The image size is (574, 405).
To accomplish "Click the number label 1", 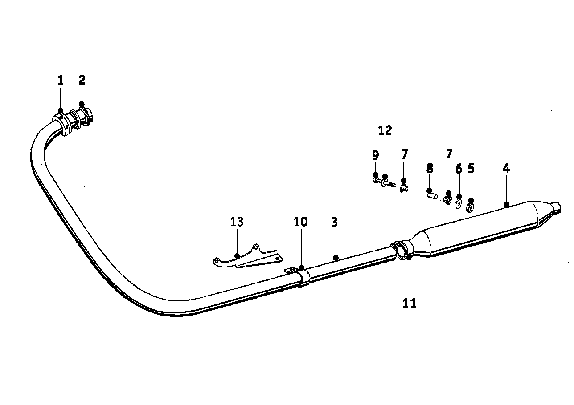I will pyautogui.click(x=61, y=81).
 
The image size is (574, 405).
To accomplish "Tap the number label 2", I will pyautogui.click(x=82, y=80).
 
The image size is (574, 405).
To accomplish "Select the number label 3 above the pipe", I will pyautogui.click(x=334, y=223).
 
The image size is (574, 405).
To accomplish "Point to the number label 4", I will pyautogui.click(x=506, y=169).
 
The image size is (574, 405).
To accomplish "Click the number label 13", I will pyautogui.click(x=237, y=222).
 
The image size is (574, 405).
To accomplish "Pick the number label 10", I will pyautogui.click(x=300, y=222).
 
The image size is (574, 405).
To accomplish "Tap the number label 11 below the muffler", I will pyautogui.click(x=409, y=303).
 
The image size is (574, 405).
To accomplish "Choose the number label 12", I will pyautogui.click(x=385, y=130).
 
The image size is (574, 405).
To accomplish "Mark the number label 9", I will pyautogui.click(x=375, y=155).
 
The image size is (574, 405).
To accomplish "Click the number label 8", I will pyautogui.click(x=430, y=169).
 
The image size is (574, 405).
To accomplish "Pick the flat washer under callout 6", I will pyautogui.click(x=458, y=204).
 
